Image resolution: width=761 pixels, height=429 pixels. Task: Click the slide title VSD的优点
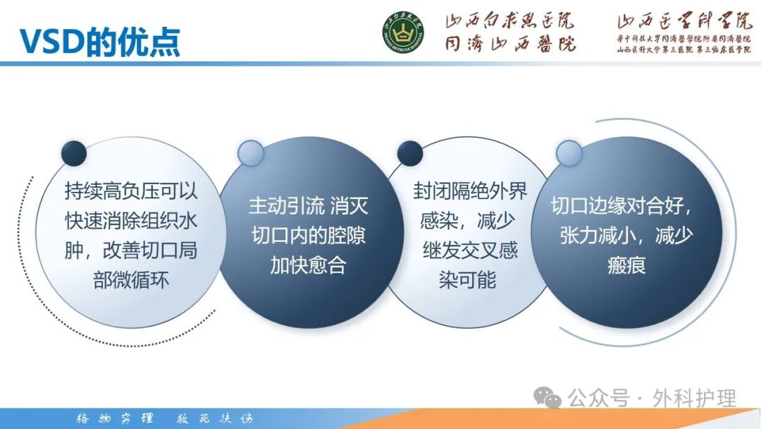99,42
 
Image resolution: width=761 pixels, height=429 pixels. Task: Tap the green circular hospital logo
403,33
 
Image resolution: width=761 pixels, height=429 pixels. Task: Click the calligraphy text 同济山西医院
509,44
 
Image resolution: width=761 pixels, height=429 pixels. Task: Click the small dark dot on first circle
74,153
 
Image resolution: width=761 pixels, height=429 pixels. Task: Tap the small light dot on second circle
250,153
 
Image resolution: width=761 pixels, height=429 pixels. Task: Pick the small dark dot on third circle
410,153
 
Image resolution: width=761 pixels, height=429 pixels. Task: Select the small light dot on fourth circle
569,153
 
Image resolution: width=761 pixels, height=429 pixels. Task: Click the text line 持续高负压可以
131,191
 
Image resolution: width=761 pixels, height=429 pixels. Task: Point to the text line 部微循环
131,280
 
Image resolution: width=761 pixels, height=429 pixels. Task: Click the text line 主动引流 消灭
308,206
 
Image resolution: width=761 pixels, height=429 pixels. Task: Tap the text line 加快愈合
308,265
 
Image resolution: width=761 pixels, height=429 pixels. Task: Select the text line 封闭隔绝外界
469,191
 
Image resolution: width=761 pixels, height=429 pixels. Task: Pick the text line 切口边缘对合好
624,206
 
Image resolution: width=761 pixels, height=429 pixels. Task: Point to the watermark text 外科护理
694,398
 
